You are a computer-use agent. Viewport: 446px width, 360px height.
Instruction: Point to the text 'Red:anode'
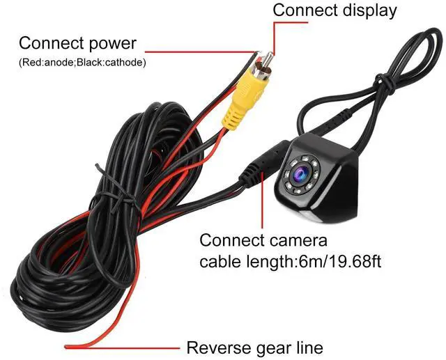pos(46,63)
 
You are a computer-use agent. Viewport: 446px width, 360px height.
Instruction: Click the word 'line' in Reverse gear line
pos(309,347)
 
